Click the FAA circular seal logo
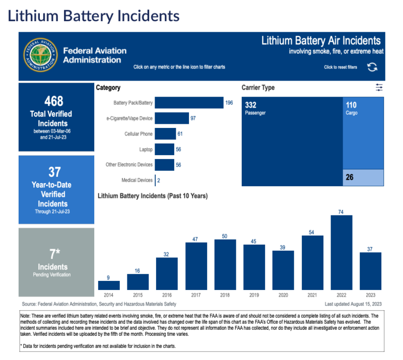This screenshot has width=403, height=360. click(41, 55)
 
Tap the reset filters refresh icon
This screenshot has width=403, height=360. click(372, 67)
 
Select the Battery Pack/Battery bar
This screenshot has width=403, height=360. click(189, 103)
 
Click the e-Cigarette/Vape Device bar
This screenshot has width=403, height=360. click(172, 118)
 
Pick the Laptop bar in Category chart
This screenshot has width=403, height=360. click(164, 150)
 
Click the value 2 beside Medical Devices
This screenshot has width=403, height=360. click(159, 180)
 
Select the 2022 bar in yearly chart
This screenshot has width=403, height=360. click(341, 252)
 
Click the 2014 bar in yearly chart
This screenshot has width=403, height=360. click(105, 284)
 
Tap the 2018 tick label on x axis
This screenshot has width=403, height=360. click(225, 295)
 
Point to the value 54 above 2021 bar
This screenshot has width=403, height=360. click(312, 232)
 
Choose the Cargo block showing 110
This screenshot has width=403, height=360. click(364, 133)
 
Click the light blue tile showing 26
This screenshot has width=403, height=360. click(364, 178)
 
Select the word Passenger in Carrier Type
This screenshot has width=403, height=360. click(255, 113)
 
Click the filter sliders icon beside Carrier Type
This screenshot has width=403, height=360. click(379, 88)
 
